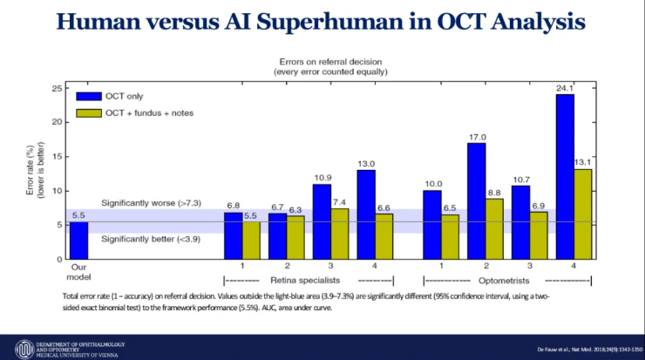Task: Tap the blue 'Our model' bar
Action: (x=78, y=241)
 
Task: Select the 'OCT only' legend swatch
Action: (x=88, y=96)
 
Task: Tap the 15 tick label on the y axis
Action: (x=56, y=156)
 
